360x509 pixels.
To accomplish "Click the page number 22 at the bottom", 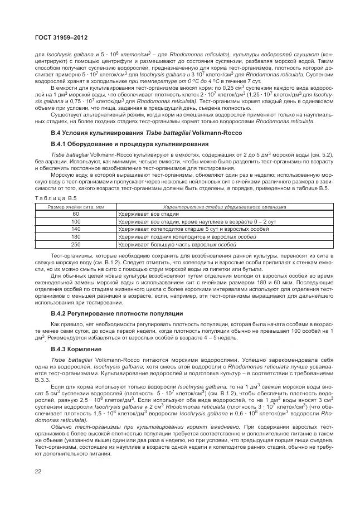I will coord(38,472).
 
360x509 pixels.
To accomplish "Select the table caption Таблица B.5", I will coord(52,198).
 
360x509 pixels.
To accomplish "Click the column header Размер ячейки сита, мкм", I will coord(76,206).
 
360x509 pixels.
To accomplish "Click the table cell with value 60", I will coord(76,214).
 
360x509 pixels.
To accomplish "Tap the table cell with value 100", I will coord(76,221).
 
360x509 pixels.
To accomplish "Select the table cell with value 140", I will coord(76,229).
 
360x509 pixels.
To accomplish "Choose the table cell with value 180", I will coord(76,236).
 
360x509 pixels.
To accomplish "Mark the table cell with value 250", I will coord(76,244).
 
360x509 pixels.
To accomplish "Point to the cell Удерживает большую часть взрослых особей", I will coord(173,244).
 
